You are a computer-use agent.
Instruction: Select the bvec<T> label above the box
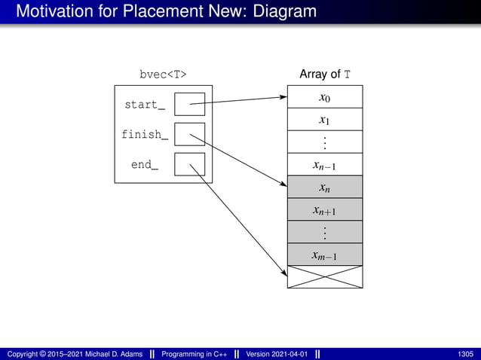click(x=163, y=74)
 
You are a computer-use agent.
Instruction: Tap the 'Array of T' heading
click(x=324, y=74)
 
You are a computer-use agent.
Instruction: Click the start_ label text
click(x=145, y=105)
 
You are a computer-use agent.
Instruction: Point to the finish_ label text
click(x=145, y=135)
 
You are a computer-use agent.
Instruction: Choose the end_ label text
click(x=145, y=164)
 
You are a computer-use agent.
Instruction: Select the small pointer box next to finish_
click(x=189, y=134)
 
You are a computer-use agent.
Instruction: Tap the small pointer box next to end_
click(x=189, y=164)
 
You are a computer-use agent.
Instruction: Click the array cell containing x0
click(x=324, y=96)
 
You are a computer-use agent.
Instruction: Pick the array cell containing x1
click(x=324, y=119)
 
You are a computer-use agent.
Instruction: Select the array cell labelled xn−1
click(x=324, y=164)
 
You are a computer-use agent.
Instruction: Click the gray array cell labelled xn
click(x=324, y=187)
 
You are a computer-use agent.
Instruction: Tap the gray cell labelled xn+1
click(x=324, y=209)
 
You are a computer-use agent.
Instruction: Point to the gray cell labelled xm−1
click(x=324, y=255)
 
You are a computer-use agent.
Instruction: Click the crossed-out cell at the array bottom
click(x=324, y=276)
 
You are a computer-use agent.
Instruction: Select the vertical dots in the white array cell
click(x=324, y=142)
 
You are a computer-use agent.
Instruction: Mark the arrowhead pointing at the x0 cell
click(x=283, y=97)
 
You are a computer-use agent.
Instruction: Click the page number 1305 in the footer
click(x=465, y=354)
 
